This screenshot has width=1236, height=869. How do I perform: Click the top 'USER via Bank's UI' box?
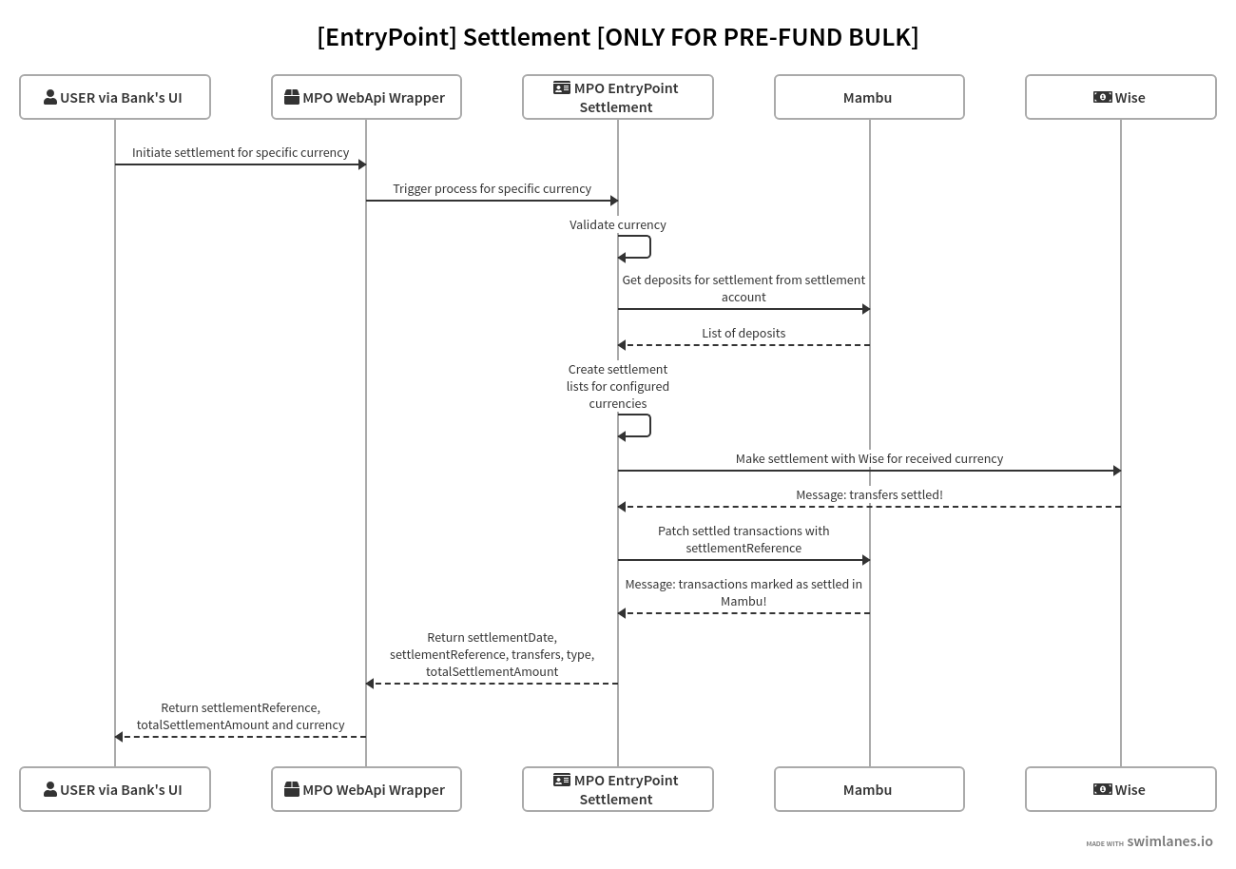[x=114, y=97]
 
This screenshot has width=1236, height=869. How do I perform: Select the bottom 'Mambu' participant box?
[x=868, y=789]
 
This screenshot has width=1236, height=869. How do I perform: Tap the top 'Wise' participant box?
[x=1120, y=97]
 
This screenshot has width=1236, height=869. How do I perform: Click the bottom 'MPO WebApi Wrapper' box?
[x=366, y=789]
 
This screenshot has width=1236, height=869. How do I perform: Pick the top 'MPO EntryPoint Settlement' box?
[x=617, y=97]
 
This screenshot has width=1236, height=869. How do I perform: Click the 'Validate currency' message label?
[x=617, y=225]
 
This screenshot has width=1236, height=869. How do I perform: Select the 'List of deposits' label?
[x=744, y=334]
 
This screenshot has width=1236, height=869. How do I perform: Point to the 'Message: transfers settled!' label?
[x=869, y=495]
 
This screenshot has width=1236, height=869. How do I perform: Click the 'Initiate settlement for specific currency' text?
[x=241, y=153]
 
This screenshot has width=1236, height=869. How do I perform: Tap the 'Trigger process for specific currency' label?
[x=492, y=189]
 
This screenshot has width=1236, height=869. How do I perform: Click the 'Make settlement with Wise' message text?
[x=869, y=459]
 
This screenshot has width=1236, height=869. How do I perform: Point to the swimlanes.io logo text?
[x=1169, y=841]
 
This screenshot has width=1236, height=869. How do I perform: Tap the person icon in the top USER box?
[x=50, y=97]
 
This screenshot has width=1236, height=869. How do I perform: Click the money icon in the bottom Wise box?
[x=1102, y=789]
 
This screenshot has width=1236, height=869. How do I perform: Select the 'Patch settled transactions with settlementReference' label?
[x=744, y=539]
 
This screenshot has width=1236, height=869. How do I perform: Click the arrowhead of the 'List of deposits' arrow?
[x=623, y=345]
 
